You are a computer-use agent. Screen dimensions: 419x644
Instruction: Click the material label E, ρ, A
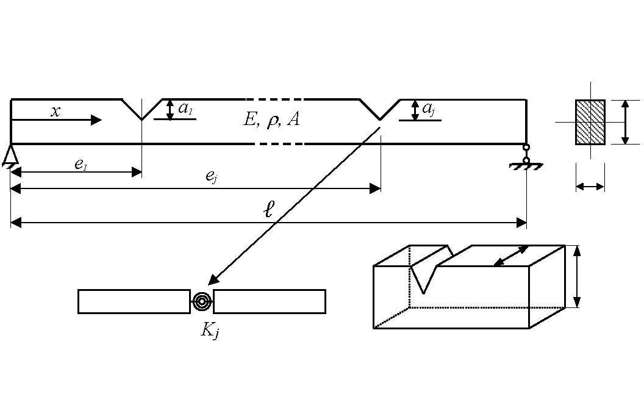click(x=271, y=120)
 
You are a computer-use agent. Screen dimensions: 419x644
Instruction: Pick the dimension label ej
click(x=210, y=177)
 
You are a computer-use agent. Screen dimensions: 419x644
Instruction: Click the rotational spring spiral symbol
click(x=202, y=301)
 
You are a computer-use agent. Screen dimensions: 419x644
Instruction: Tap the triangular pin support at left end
click(x=10, y=157)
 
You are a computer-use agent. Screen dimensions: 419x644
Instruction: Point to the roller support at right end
click(x=526, y=156)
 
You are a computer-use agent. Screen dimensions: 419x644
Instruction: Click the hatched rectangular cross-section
click(x=590, y=122)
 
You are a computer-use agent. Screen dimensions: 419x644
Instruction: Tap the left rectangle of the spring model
click(x=134, y=301)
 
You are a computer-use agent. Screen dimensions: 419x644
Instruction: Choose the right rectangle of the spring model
click(x=270, y=301)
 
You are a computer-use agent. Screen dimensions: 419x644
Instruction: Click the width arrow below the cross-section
click(x=590, y=187)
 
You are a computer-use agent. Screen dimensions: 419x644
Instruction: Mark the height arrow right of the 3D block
click(x=577, y=277)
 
